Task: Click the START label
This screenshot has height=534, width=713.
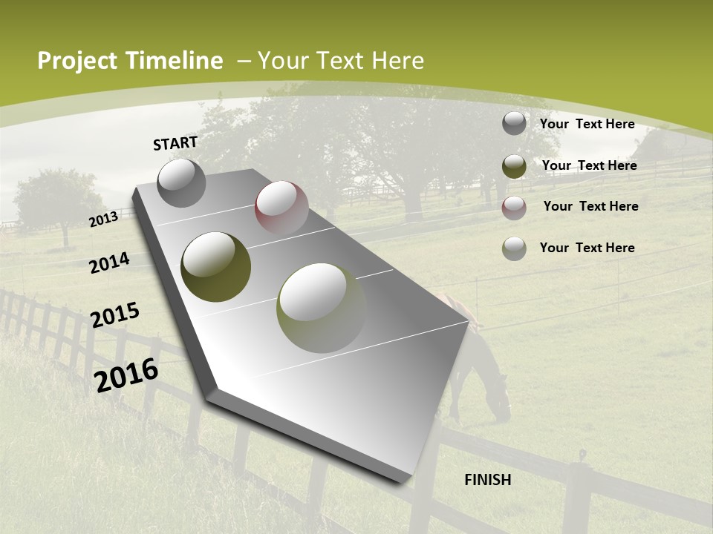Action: coord(175,143)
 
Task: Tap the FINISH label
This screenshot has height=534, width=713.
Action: coord(487,480)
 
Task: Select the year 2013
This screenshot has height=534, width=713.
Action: coord(104,219)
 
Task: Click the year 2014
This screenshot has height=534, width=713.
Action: coord(110,263)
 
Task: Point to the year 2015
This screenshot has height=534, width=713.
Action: coord(115,315)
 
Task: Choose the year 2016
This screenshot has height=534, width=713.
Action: coord(127,375)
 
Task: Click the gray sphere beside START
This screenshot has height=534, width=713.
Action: coord(181,182)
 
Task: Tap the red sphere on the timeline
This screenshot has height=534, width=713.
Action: coord(281,207)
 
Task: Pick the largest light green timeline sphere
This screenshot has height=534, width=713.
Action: coord(322,308)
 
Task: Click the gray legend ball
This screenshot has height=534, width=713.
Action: coord(514,124)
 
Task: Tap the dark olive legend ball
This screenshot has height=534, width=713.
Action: coord(514,166)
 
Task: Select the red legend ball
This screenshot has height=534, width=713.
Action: coord(514,207)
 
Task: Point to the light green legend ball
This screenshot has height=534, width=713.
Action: coord(514,248)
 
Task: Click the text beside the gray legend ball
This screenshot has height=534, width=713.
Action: coord(587,124)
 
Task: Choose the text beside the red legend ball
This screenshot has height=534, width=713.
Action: coord(590,206)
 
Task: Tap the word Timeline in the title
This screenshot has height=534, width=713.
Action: coord(174,61)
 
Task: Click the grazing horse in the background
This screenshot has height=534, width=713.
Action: coord(479,363)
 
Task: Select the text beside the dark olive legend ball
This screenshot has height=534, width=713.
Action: coord(589,165)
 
